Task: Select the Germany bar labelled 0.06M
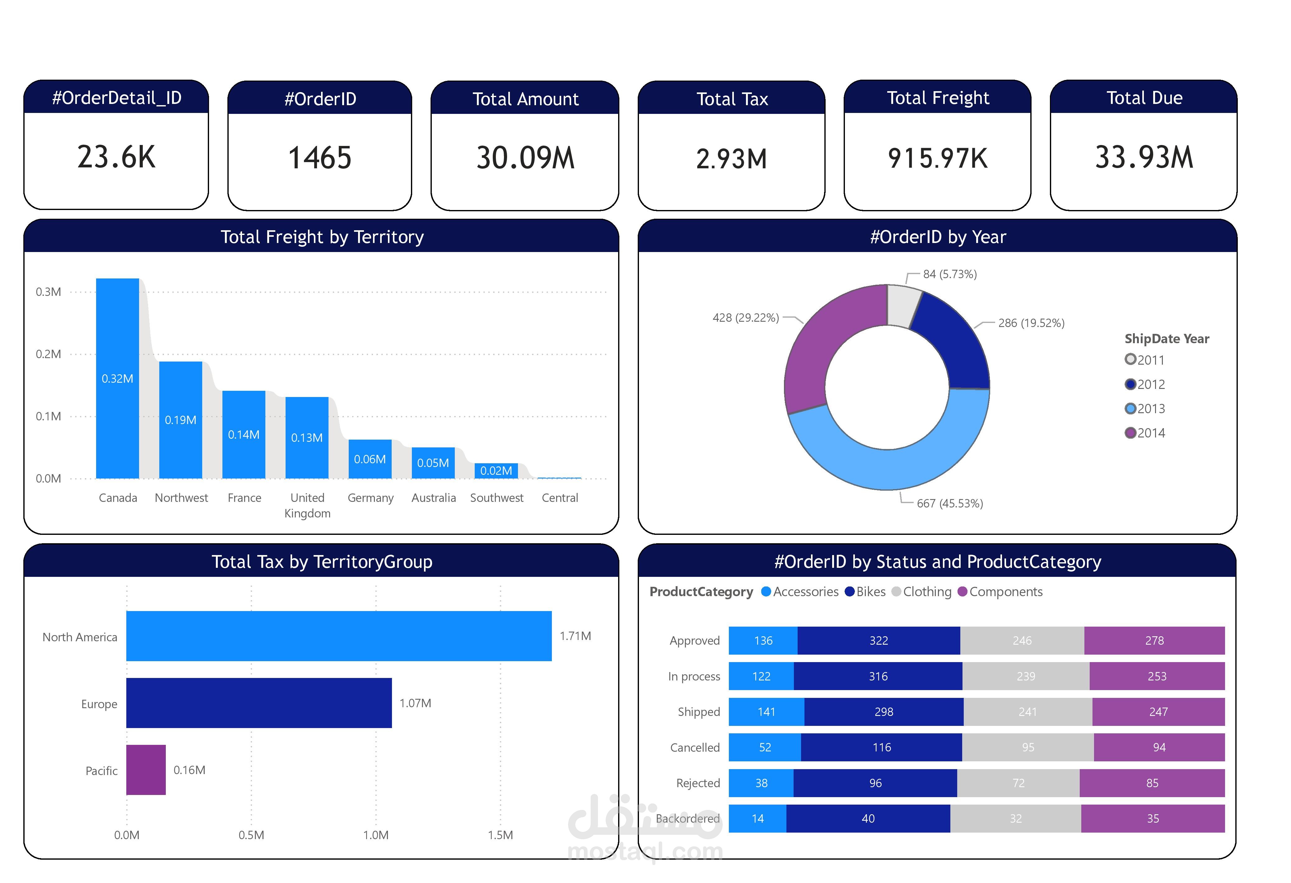(x=370, y=459)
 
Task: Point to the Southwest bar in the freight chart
(x=496, y=471)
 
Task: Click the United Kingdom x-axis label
(x=307, y=505)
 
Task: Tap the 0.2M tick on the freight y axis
(x=48, y=354)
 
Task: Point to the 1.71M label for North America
(x=575, y=636)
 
